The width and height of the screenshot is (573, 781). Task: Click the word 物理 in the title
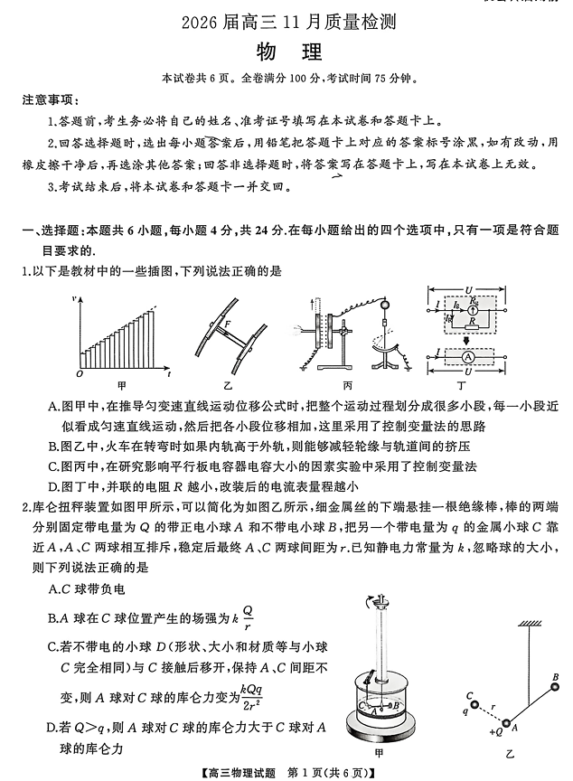(x=286, y=52)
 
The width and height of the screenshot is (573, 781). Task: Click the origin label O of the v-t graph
(x=80, y=372)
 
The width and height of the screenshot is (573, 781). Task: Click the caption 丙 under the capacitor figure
(x=348, y=384)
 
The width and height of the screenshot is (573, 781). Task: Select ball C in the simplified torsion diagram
(x=470, y=695)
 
